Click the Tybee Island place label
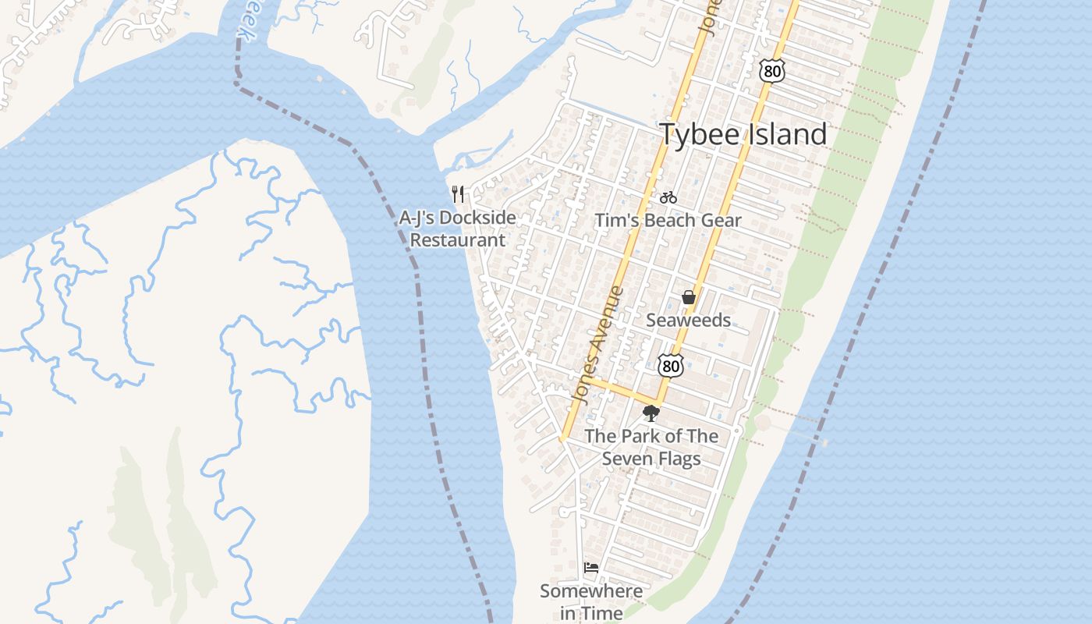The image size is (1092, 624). click(x=743, y=134)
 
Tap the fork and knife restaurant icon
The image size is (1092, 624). click(x=458, y=193)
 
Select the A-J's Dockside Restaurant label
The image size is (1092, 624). click(x=458, y=229)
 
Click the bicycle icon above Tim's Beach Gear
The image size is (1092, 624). click(x=668, y=198)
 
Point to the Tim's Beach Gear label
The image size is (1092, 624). click(x=668, y=221)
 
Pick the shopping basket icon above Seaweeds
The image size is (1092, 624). click(x=689, y=297)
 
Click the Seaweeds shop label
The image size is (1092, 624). click(x=689, y=320)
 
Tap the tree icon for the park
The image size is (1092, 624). click(x=651, y=413)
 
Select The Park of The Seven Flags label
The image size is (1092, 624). click(x=651, y=447)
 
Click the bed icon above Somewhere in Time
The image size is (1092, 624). click(x=591, y=568)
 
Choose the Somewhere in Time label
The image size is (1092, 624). click(x=591, y=602)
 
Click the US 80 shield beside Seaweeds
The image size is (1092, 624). click(x=670, y=365)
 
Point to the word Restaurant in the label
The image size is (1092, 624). click(x=458, y=240)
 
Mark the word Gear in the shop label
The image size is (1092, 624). click(x=721, y=221)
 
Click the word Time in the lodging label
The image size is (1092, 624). click(x=602, y=614)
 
